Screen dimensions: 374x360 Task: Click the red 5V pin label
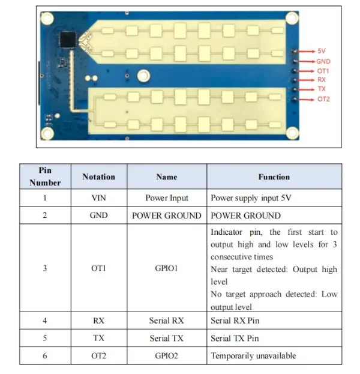click(321, 52)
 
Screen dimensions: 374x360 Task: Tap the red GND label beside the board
click(323, 61)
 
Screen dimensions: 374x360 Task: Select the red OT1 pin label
click(323, 71)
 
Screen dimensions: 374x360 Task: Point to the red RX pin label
click(322, 80)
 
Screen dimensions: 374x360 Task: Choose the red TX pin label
click(322, 89)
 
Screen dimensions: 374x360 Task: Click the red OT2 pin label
click(323, 99)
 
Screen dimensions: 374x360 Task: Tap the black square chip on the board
click(69, 38)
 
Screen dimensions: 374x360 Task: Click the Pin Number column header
click(45, 176)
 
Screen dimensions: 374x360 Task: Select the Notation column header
click(98, 176)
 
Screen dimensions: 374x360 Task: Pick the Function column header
click(274, 176)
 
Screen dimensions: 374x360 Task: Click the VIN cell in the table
click(98, 198)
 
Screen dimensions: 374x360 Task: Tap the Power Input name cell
click(166, 198)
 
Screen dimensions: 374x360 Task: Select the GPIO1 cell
click(166, 268)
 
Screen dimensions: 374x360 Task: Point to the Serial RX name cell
click(166, 321)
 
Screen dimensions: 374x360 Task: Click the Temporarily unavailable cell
click(253, 356)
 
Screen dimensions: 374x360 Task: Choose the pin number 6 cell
click(45, 356)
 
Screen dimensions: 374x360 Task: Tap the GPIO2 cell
click(166, 356)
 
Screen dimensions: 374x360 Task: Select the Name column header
click(166, 176)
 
